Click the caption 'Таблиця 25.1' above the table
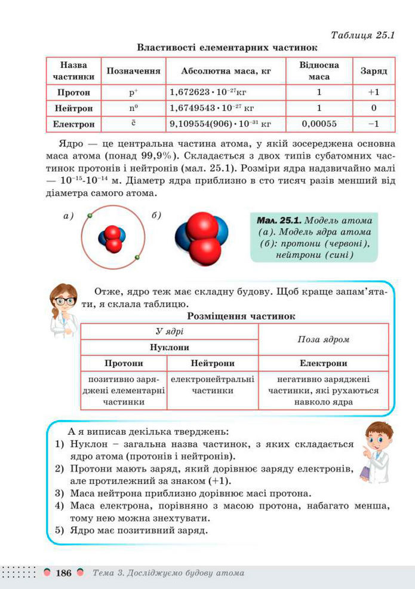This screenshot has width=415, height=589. [362, 35]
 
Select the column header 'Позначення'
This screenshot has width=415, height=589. [133, 70]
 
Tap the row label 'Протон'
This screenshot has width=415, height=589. [73, 93]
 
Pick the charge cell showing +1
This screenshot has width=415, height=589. [374, 93]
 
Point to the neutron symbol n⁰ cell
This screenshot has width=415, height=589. [133, 109]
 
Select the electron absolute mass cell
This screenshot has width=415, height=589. [220, 124]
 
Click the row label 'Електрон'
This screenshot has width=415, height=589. [73, 124]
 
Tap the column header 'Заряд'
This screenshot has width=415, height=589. [374, 70]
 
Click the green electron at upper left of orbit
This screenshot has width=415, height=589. [89, 215]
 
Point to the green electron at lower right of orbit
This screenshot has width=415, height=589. [137, 257]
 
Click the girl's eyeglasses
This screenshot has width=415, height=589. [66, 300]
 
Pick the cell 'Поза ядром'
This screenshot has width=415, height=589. [323, 339]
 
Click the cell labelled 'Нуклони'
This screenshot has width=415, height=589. [169, 347]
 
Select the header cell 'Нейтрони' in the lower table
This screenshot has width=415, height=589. [213, 363]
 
